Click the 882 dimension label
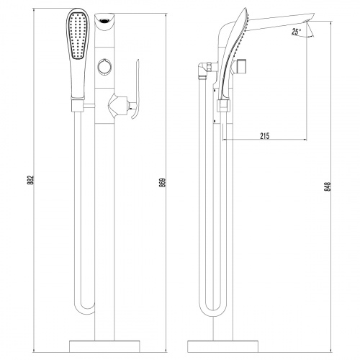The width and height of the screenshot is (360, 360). pyautogui.click(x=31, y=180)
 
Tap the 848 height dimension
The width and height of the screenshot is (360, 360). pyautogui.click(x=328, y=186)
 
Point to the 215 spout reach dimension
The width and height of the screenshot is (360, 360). pyautogui.click(x=265, y=136)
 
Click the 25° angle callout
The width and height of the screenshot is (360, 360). pyautogui.click(x=297, y=32)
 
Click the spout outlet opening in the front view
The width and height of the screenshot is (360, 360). pyautogui.click(x=104, y=20)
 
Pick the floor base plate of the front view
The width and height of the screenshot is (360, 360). pyautogui.click(x=104, y=346)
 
